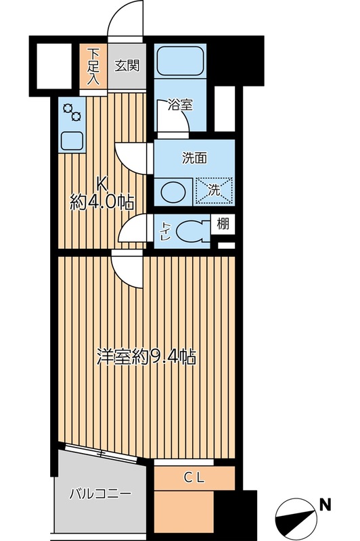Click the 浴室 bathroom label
coord(180,105)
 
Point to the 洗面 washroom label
coord(194,158)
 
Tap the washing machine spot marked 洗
coord(215,189)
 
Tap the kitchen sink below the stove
coord(71,140)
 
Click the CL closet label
coord(194,477)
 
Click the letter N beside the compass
coord(325,504)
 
